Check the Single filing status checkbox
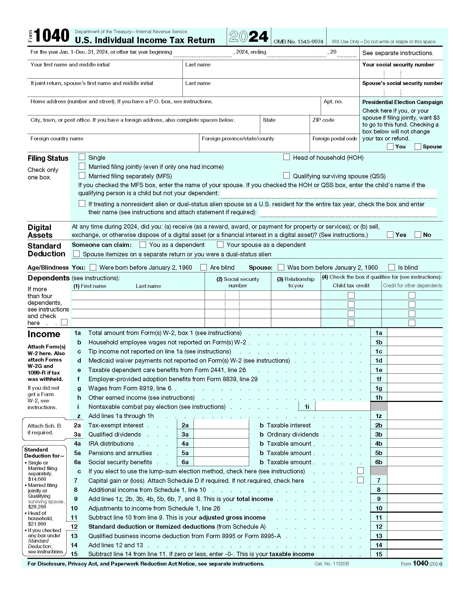pos(82,157)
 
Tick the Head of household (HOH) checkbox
pos(286,157)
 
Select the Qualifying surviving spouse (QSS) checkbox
pos(286,176)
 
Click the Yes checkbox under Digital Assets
pos(390,234)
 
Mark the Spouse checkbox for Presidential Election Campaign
pos(418,146)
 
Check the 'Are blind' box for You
pos(204,267)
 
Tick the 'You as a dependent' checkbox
pos(143,244)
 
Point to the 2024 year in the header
pos(249,37)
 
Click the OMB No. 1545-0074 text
pos(298,42)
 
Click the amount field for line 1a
pos(414,333)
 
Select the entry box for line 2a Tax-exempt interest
pos(221,425)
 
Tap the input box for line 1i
pos(343,407)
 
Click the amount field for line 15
pos(414,554)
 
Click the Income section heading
pos(44,334)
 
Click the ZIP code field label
pos(323,120)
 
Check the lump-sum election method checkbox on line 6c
pos(360,471)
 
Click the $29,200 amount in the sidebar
pos(37,507)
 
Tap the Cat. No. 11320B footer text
pos(331,564)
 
